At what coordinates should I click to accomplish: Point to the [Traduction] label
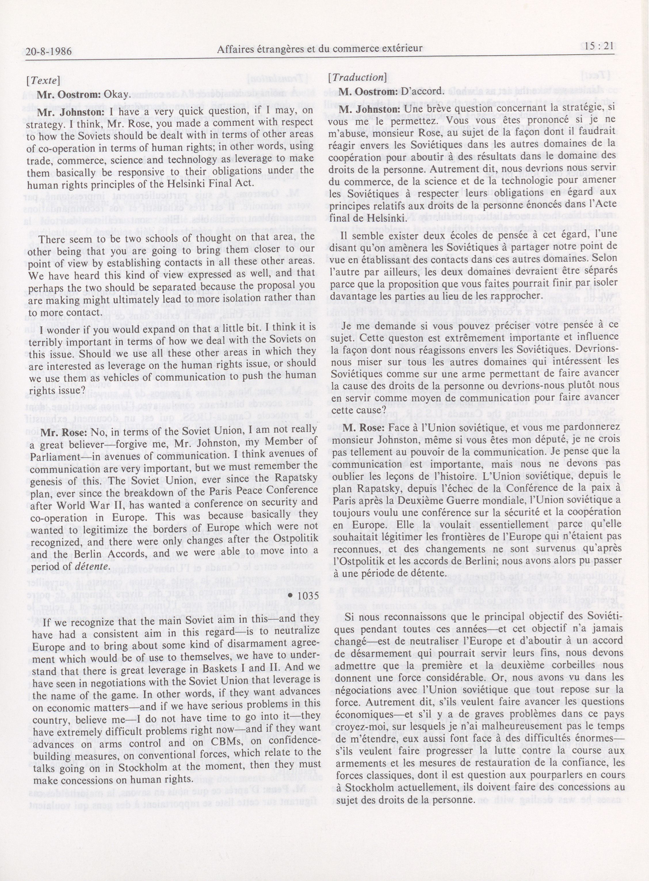(x=358, y=77)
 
